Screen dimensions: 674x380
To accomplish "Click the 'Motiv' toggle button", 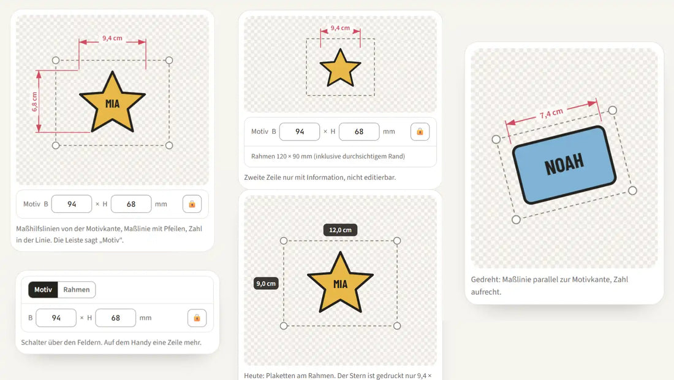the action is pyautogui.click(x=43, y=290).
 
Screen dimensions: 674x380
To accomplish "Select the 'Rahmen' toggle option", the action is pyautogui.click(x=77, y=290).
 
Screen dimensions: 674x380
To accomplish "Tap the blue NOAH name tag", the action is pyautogui.click(x=564, y=165).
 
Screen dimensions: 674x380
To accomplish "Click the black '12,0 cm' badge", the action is pyautogui.click(x=340, y=230).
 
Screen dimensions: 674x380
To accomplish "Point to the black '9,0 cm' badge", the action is pyautogui.click(x=266, y=284).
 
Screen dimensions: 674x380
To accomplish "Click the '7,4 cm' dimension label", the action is pyautogui.click(x=551, y=114).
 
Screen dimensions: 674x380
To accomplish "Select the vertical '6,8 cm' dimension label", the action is pyautogui.click(x=34, y=102).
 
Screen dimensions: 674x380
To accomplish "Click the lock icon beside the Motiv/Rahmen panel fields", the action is pyautogui.click(x=197, y=318).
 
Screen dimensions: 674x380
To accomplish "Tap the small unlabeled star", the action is pyautogui.click(x=340, y=68).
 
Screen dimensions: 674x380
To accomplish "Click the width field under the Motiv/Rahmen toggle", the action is pyautogui.click(x=56, y=318).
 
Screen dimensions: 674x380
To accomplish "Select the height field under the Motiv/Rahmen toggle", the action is pyautogui.click(x=115, y=318).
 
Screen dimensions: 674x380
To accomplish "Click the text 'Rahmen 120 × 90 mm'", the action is pyautogui.click(x=282, y=157).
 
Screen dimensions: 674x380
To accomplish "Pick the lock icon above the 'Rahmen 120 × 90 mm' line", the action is pyautogui.click(x=420, y=131).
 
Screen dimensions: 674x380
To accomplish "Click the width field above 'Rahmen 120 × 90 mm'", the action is pyautogui.click(x=300, y=131).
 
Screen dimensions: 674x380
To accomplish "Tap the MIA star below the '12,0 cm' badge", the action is pyautogui.click(x=340, y=282).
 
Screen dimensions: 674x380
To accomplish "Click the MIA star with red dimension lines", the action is pyautogui.click(x=112, y=103).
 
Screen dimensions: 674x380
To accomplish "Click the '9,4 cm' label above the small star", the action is pyautogui.click(x=340, y=28).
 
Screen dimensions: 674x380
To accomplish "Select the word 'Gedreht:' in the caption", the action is pyautogui.click(x=485, y=279).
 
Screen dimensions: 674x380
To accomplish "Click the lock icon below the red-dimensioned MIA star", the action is pyautogui.click(x=192, y=204).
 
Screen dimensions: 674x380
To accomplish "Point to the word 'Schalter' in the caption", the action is pyautogui.click(x=34, y=343).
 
